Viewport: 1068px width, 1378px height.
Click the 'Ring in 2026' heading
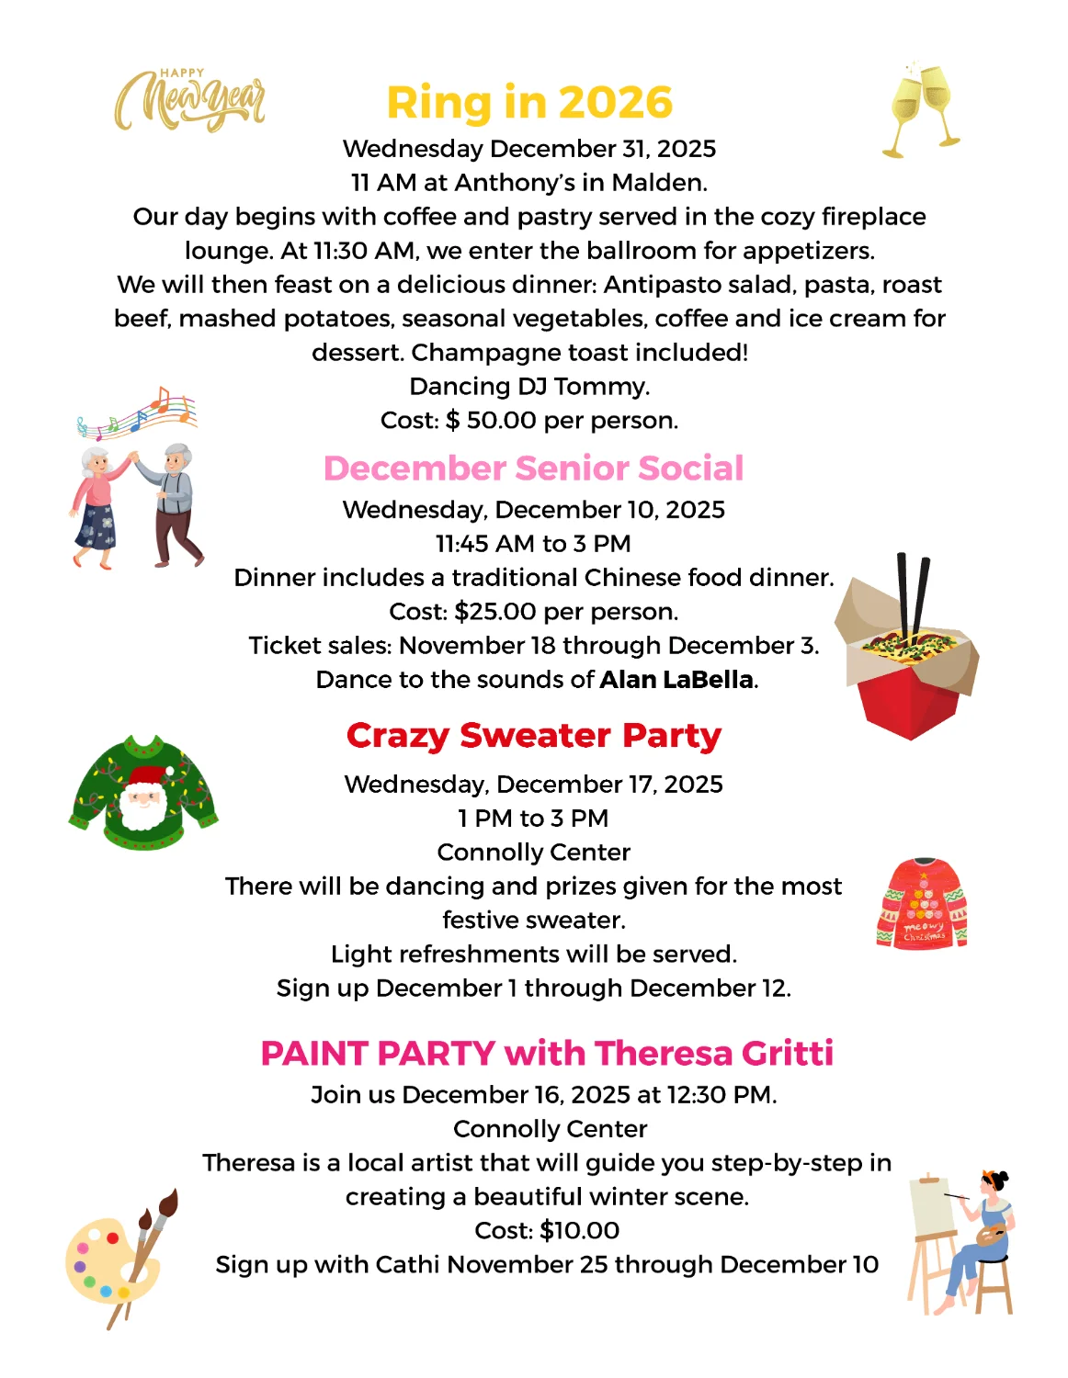[529, 102]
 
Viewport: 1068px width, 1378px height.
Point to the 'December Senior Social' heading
[533, 469]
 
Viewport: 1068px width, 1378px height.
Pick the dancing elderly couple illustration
[138, 505]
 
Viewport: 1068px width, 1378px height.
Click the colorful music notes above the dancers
[138, 413]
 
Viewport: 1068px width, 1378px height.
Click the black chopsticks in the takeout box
[912, 597]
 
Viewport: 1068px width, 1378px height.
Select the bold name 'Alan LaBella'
[676, 680]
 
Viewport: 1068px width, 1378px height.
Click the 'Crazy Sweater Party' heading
[533, 736]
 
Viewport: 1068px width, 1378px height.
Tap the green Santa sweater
[142, 792]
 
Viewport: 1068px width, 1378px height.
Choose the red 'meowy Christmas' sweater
[922, 904]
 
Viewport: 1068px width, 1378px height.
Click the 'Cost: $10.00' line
[547, 1231]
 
